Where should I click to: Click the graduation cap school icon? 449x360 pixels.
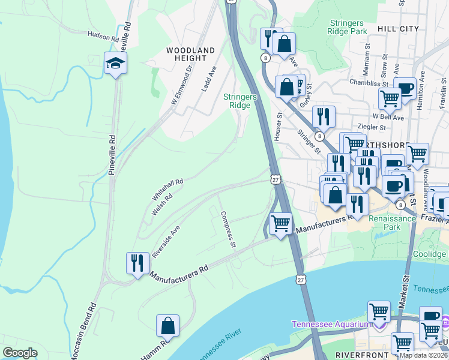[x=115, y=63]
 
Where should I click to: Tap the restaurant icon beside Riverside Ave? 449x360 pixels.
[x=137, y=263]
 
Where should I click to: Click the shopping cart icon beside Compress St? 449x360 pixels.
[x=280, y=224]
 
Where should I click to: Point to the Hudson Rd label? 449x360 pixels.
[x=103, y=36]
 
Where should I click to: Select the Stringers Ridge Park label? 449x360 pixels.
[x=348, y=27]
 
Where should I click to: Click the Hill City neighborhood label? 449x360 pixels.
[x=399, y=28]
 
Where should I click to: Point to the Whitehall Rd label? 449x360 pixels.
[x=167, y=189]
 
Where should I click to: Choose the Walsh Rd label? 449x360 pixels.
[x=161, y=205]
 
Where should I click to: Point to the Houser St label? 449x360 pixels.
[x=277, y=127]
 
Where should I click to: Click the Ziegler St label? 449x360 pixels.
[x=371, y=127]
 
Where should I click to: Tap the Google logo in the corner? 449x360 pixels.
[x=20, y=353]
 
